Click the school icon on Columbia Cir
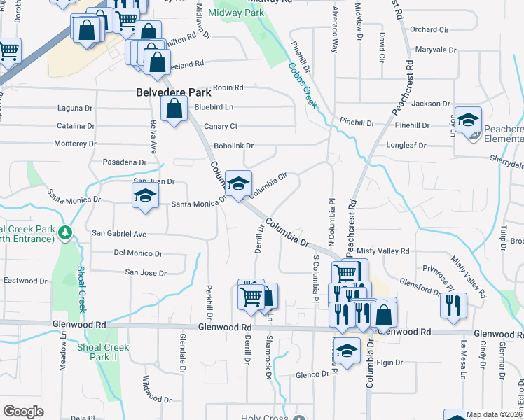click(238, 184)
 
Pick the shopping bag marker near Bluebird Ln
click(174, 109)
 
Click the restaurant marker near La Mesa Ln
click(453, 304)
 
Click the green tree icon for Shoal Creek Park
click(65, 231)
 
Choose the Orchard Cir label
click(429, 29)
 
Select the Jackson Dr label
click(431, 104)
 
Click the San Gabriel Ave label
click(119, 233)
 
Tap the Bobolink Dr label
click(233, 146)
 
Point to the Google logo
click(23, 412)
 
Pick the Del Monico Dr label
click(138, 253)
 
